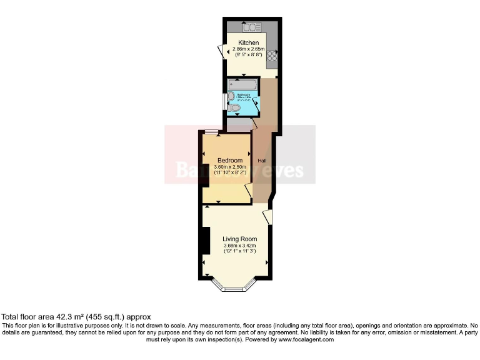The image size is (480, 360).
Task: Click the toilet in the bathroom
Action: (x=234, y=108)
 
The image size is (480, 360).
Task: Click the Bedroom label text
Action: (x=230, y=161)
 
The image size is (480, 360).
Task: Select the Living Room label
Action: (x=240, y=239)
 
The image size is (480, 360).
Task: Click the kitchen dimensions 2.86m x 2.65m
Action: (x=249, y=49)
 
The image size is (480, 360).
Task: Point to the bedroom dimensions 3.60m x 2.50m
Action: (x=231, y=167)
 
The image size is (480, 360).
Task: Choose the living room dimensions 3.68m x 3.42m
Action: (x=240, y=246)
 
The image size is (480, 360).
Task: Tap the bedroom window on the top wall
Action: (x=211, y=132)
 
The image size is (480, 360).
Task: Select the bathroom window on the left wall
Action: (x=224, y=102)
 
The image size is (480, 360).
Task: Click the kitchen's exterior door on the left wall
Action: (x=221, y=51)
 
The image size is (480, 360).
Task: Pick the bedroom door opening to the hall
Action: (x=249, y=191)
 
